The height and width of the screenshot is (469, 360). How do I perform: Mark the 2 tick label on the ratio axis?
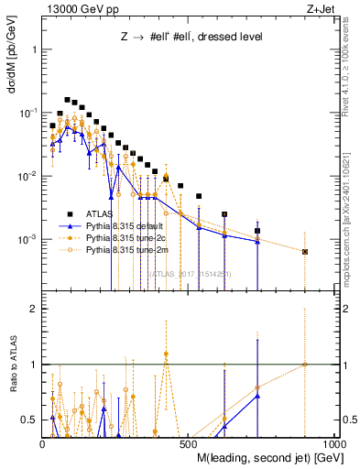(x=33, y=309)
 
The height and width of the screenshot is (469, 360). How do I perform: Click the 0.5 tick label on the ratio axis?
(x=29, y=420)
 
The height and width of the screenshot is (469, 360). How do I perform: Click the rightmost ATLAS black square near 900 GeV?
(x=305, y=251)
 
